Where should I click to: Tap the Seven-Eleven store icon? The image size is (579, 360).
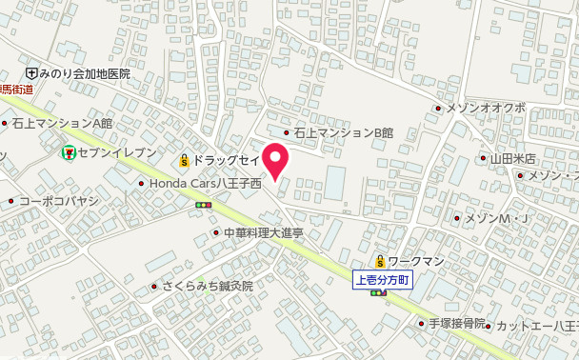(69, 151)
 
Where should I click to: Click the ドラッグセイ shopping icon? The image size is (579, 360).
(184, 160)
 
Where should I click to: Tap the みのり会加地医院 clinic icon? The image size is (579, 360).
(31, 72)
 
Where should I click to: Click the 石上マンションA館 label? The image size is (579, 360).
(62, 123)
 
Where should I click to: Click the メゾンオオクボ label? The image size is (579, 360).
(486, 108)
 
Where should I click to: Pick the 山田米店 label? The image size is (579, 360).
(513, 158)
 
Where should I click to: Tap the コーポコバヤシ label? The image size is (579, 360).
(59, 201)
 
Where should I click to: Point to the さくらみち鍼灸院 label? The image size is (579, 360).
(207, 285)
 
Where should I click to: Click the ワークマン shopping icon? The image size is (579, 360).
(379, 261)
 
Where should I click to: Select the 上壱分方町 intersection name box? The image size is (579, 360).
(382, 280)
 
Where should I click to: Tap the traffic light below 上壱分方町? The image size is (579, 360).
(379, 293)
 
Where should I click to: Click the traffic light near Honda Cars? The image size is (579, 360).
(202, 205)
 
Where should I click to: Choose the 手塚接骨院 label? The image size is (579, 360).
(457, 323)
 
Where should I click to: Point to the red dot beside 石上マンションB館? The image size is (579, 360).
(286, 133)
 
